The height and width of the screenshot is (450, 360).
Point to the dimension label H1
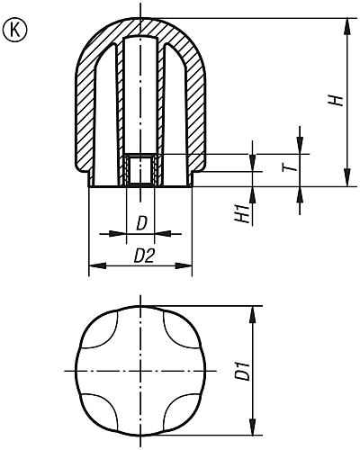pos(242,213)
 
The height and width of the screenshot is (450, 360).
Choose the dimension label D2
pos(142,256)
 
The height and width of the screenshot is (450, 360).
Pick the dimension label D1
pos(240,370)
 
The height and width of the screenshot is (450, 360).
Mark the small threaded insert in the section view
pos(139,169)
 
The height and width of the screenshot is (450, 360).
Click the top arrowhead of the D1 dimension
pos(254,311)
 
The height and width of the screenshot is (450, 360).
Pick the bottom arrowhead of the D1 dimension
pos(254,430)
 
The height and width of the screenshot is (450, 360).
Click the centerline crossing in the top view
pos(139,371)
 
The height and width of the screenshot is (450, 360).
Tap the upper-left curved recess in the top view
pos(101,332)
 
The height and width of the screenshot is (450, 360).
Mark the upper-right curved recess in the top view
pos(178,332)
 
